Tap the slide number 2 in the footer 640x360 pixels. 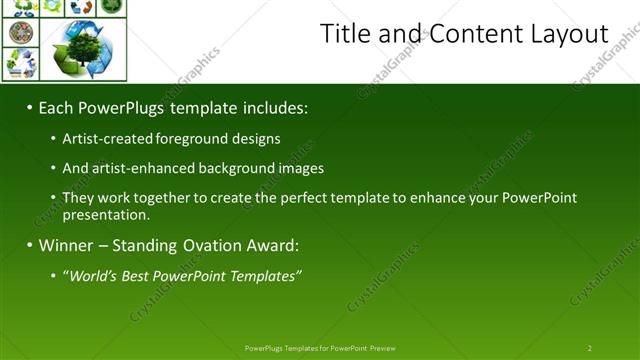[589, 348]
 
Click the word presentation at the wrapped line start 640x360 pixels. [106, 215]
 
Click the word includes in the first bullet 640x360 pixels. [271, 106]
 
